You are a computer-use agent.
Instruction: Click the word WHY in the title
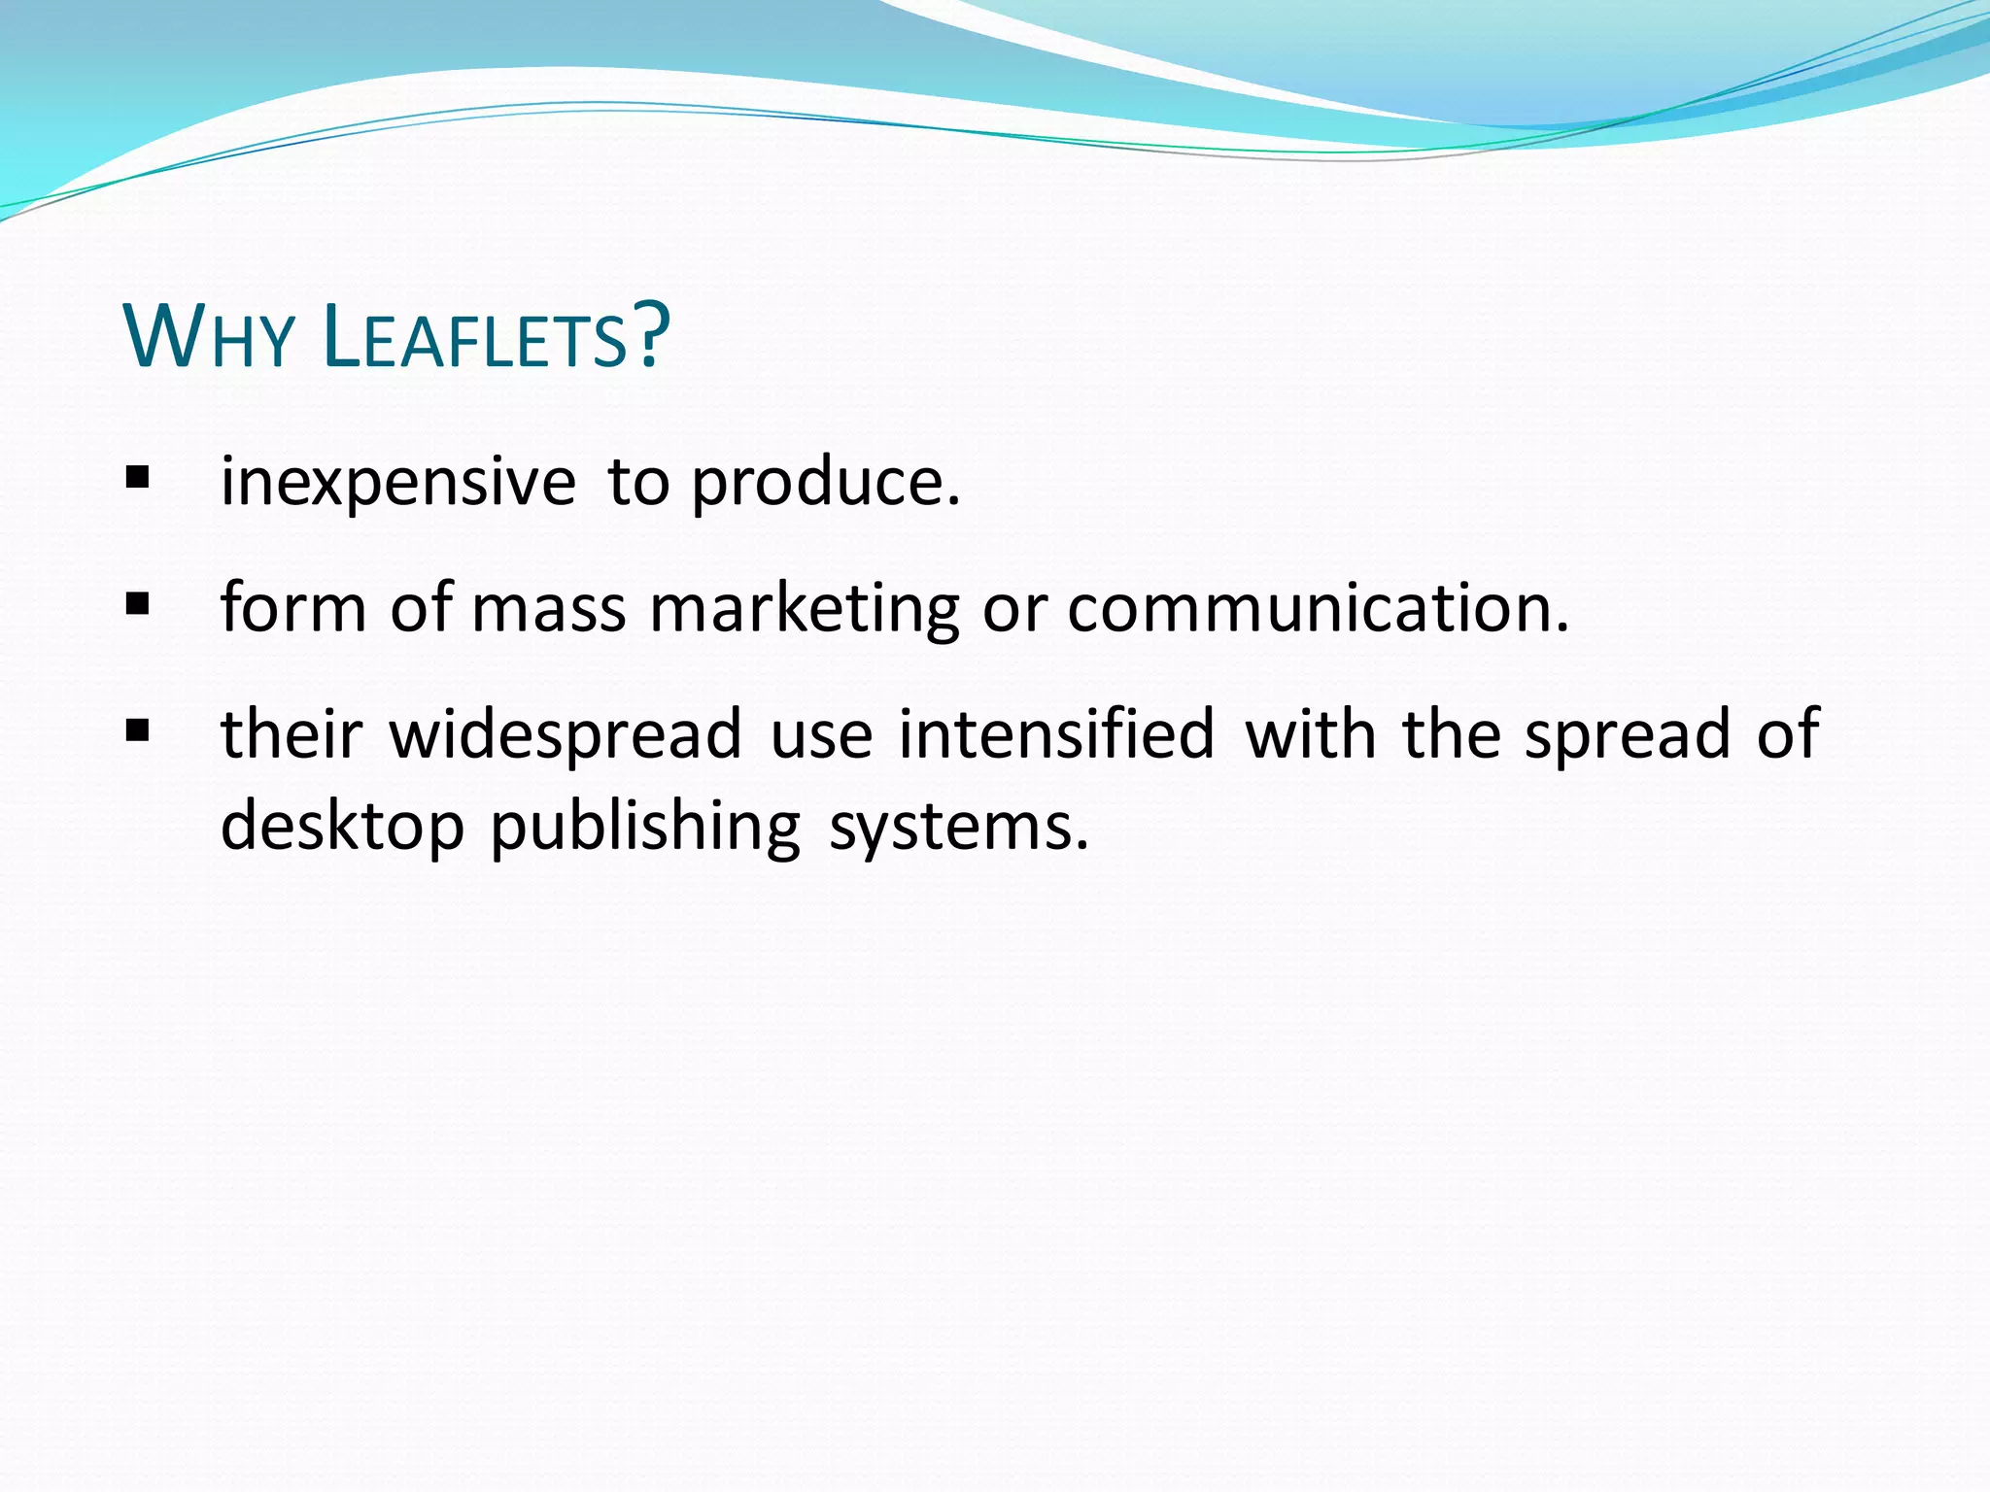point(208,337)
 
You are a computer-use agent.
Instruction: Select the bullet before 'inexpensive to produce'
point(137,477)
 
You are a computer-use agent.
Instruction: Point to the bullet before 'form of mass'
point(137,604)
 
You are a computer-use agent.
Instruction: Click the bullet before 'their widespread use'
point(137,729)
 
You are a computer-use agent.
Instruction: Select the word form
point(293,608)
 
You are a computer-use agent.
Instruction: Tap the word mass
point(549,610)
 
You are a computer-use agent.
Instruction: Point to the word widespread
point(566,735)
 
